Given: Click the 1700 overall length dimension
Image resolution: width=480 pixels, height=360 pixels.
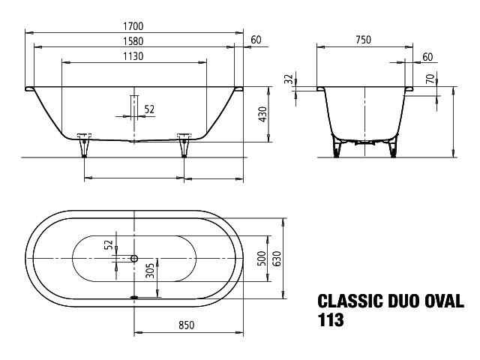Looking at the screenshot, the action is point(133,26).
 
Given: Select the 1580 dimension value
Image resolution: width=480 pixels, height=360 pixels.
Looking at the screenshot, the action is point(133,41).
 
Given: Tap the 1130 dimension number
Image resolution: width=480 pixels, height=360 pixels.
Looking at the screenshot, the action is point(133,56).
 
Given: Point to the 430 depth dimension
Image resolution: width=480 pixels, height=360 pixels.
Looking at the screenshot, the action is point(263,114).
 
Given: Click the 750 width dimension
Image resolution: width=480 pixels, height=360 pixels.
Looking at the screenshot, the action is point(363,40).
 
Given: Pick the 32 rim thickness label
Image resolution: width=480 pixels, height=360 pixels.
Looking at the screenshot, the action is point(289,79).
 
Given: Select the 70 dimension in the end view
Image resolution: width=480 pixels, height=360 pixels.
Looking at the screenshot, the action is point(430,79).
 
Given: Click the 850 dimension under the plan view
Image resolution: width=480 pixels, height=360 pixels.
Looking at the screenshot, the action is point(187,325).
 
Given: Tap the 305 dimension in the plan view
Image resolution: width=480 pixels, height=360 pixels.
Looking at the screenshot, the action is point(150,271).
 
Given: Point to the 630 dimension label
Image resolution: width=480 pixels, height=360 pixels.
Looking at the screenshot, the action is point(277,258).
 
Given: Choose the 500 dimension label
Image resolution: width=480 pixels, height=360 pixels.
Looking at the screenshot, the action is point(262,258).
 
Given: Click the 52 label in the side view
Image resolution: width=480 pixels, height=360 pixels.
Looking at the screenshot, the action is point(149,109).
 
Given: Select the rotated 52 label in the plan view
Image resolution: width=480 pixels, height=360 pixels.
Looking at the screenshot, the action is point(109,245).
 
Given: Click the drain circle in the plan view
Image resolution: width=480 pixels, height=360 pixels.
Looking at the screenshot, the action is point(134,259).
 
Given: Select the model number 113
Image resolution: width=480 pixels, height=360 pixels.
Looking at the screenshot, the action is point(331,320).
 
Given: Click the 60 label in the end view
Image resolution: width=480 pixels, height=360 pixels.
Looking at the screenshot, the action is point(427,57).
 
